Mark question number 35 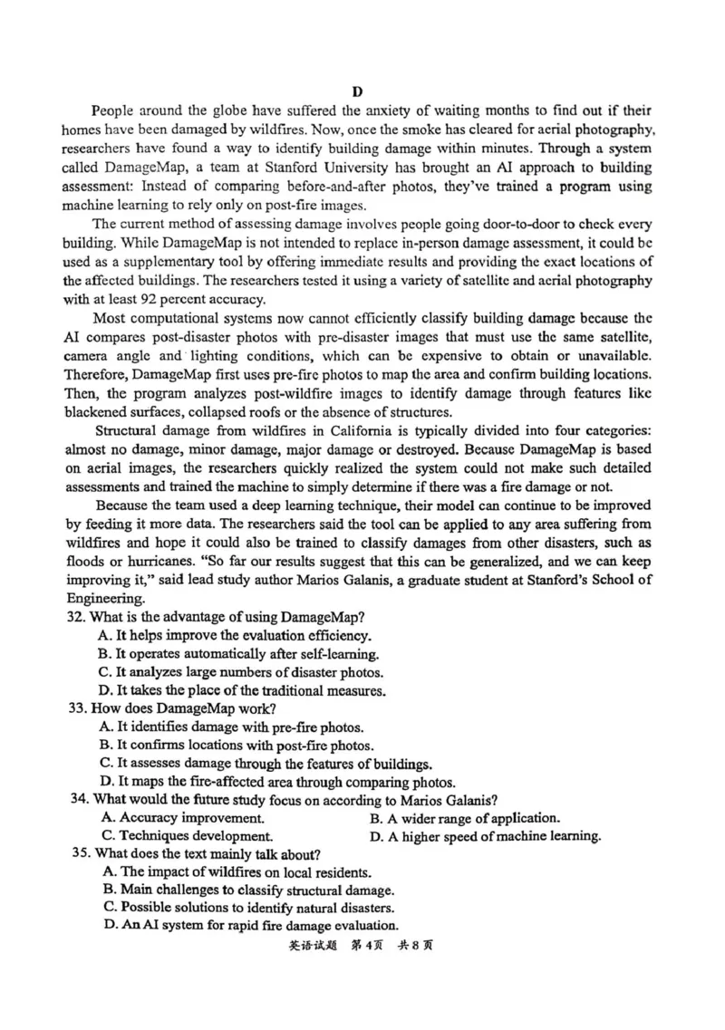coord(82,853)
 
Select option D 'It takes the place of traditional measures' coord(243,689)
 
